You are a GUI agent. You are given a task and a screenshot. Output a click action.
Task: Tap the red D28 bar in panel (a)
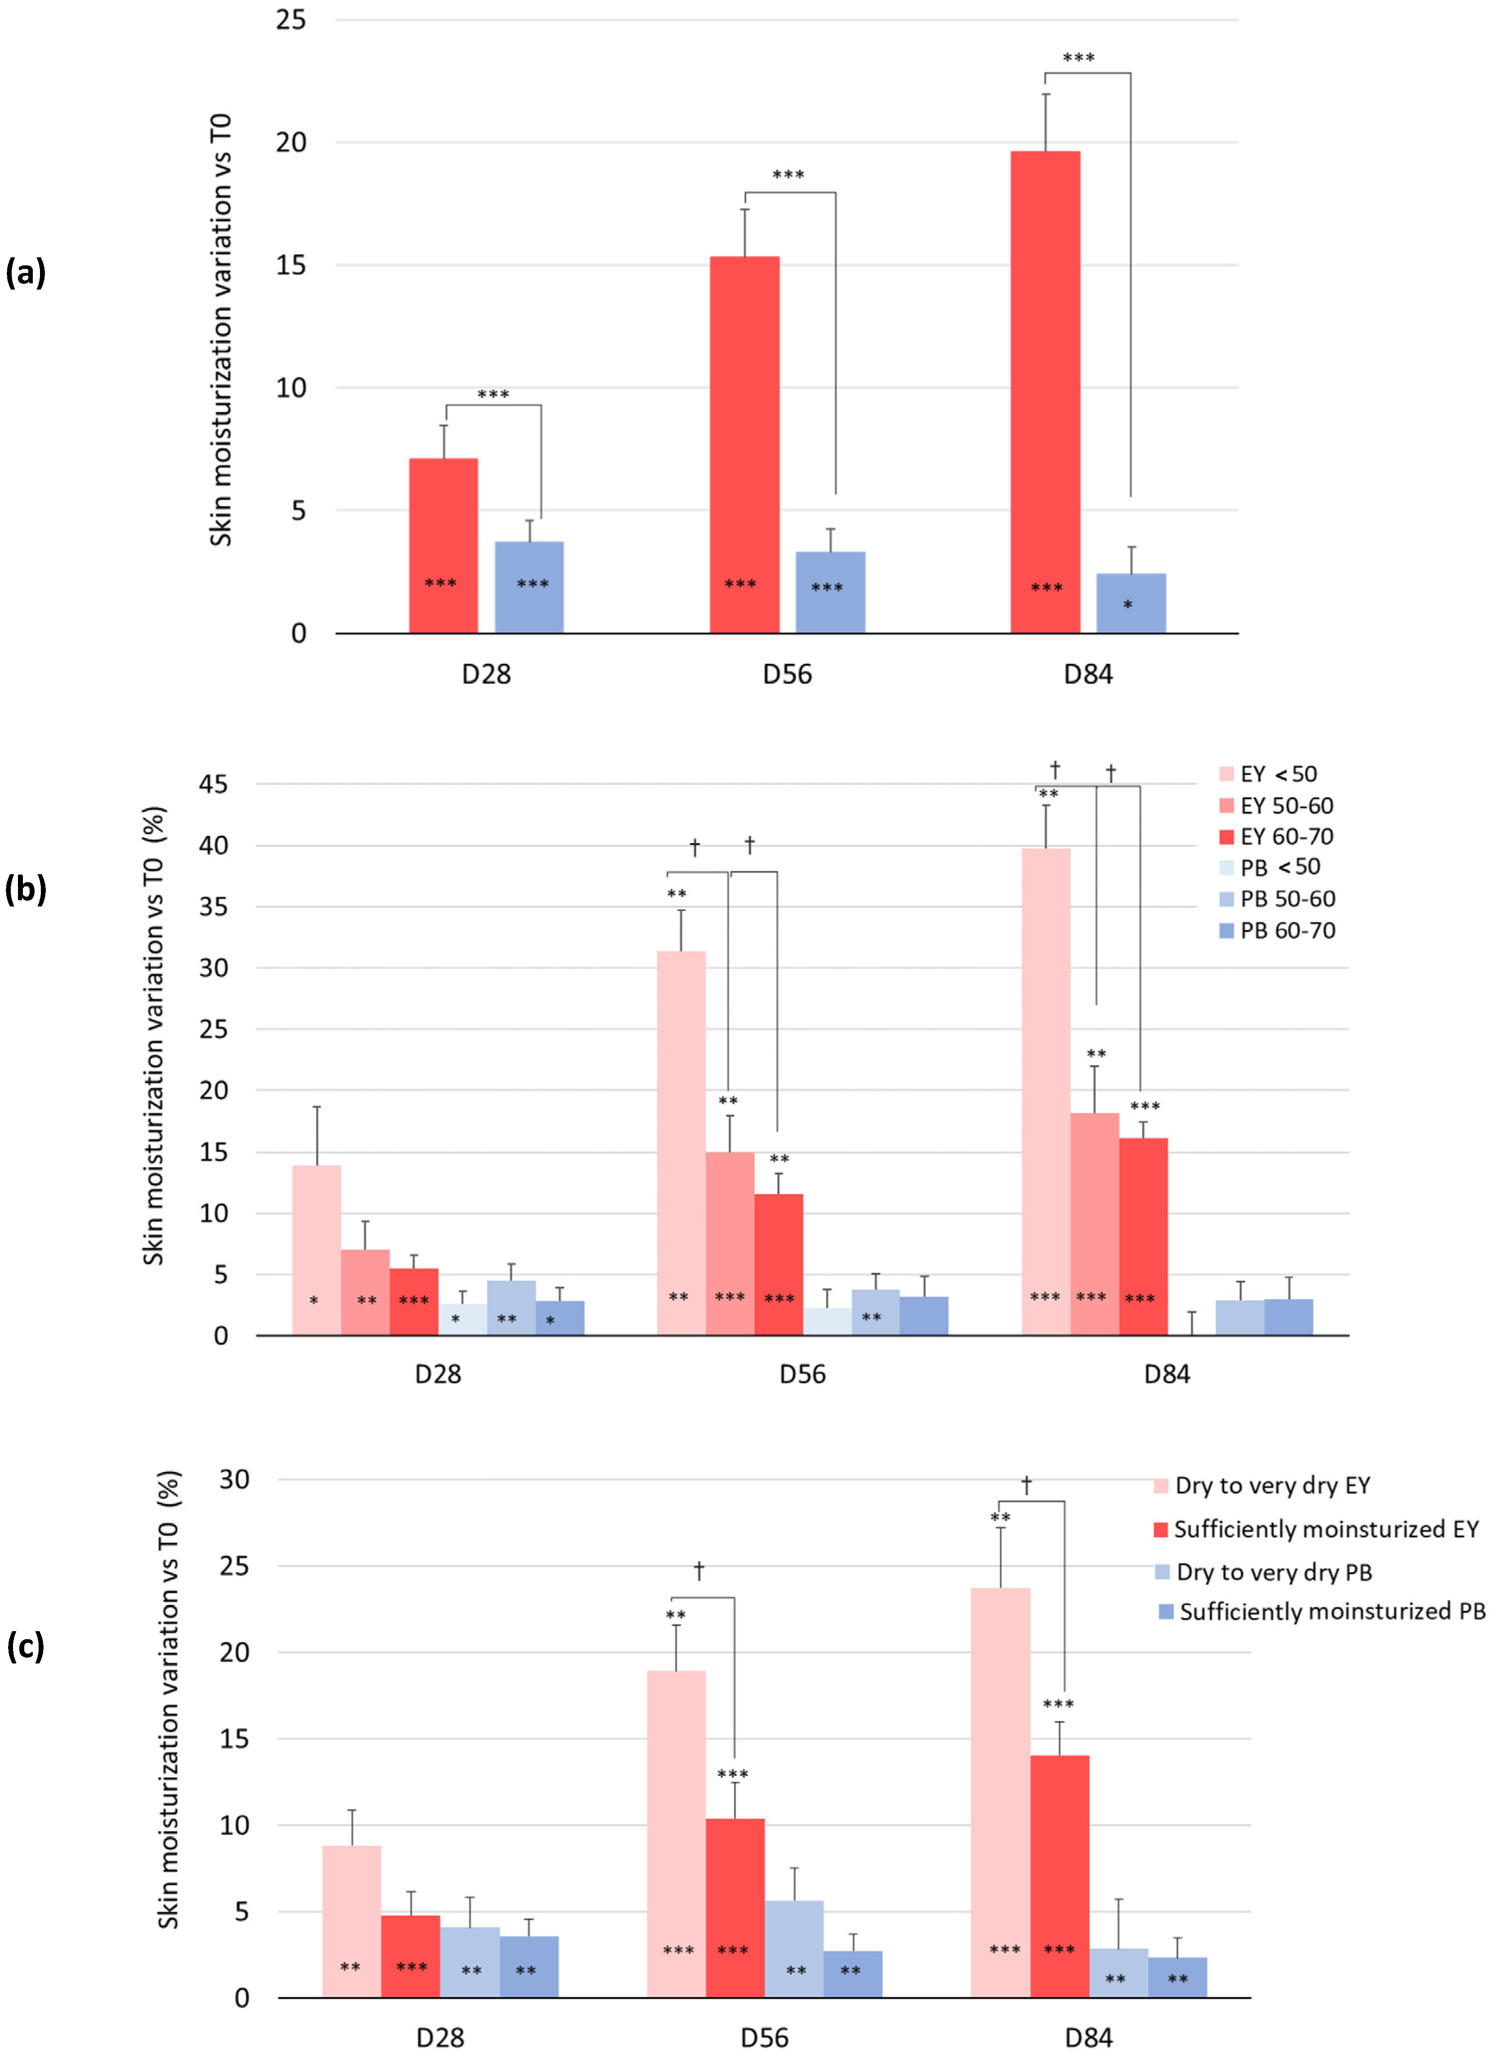pyautogui.click(x=443, y=546)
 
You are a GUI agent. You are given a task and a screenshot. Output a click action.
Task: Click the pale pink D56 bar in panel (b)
pyautogui.click(x=681, y=1143)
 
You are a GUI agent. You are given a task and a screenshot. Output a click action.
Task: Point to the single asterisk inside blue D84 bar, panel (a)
pyautogui.click(x=1128, y=605)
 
